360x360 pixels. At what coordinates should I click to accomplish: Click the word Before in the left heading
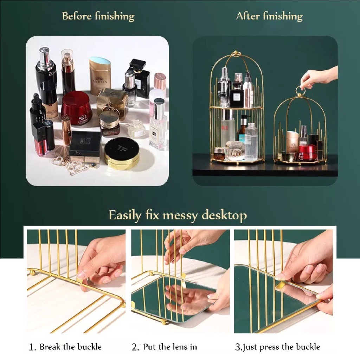[77, 16]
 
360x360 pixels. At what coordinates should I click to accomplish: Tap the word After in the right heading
[248, 16]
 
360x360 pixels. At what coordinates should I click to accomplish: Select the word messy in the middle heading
[180, 216]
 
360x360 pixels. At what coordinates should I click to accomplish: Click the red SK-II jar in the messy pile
[77, 108]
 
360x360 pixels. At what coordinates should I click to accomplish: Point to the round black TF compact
[122, 153]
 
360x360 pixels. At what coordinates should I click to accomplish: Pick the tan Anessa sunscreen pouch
[100, 76]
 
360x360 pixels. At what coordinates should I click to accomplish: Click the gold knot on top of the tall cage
[236, 54]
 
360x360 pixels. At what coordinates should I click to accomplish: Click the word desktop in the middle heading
[224, 216]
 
